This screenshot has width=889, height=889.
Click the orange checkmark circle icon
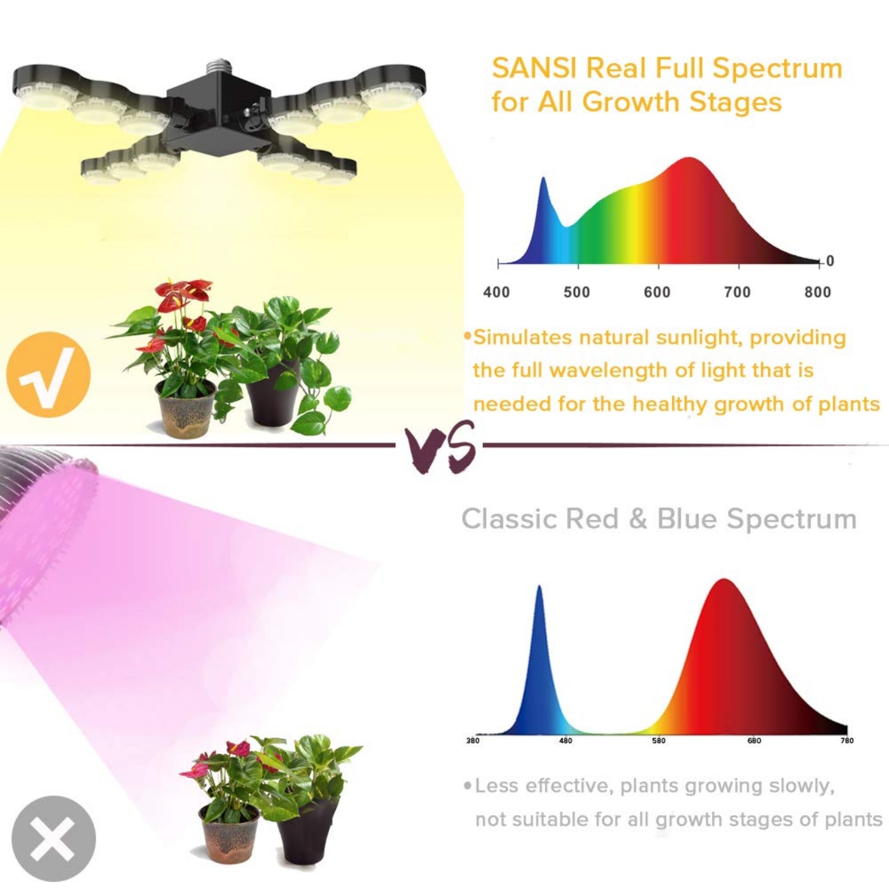click(48, 374)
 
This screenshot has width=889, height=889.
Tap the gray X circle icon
click(54, 838)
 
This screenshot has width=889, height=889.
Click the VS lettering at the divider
click(441, 447)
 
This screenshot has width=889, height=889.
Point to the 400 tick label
click(496, 292)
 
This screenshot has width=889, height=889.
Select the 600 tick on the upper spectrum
click(657, 292)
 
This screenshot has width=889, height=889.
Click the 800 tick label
click(818, 292)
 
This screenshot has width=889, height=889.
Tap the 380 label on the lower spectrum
click(472, 741)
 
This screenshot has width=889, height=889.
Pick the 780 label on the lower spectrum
click(847, 741)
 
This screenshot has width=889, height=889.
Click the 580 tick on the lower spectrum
click(659, 741)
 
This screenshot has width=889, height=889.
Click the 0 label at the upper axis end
click(830, 261)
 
